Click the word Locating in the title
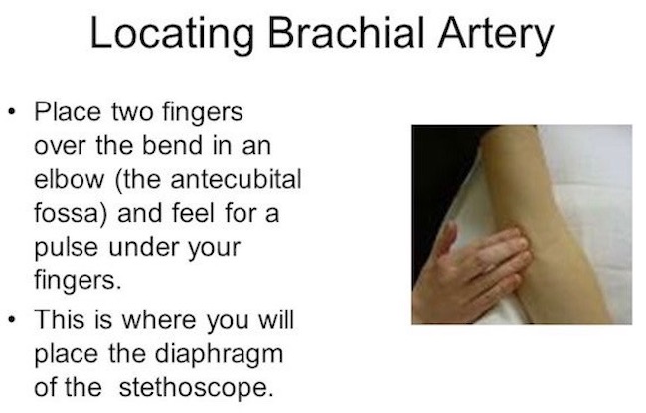click(172, 34)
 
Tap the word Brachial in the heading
click(346, 32)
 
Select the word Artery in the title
click(496, 34)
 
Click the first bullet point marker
click(13, 112)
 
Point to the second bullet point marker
click(13, 319)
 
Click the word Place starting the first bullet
click(68, 111)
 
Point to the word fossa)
click(72, 214)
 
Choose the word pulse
click(67, 249)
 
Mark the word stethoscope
click(196, 388)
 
